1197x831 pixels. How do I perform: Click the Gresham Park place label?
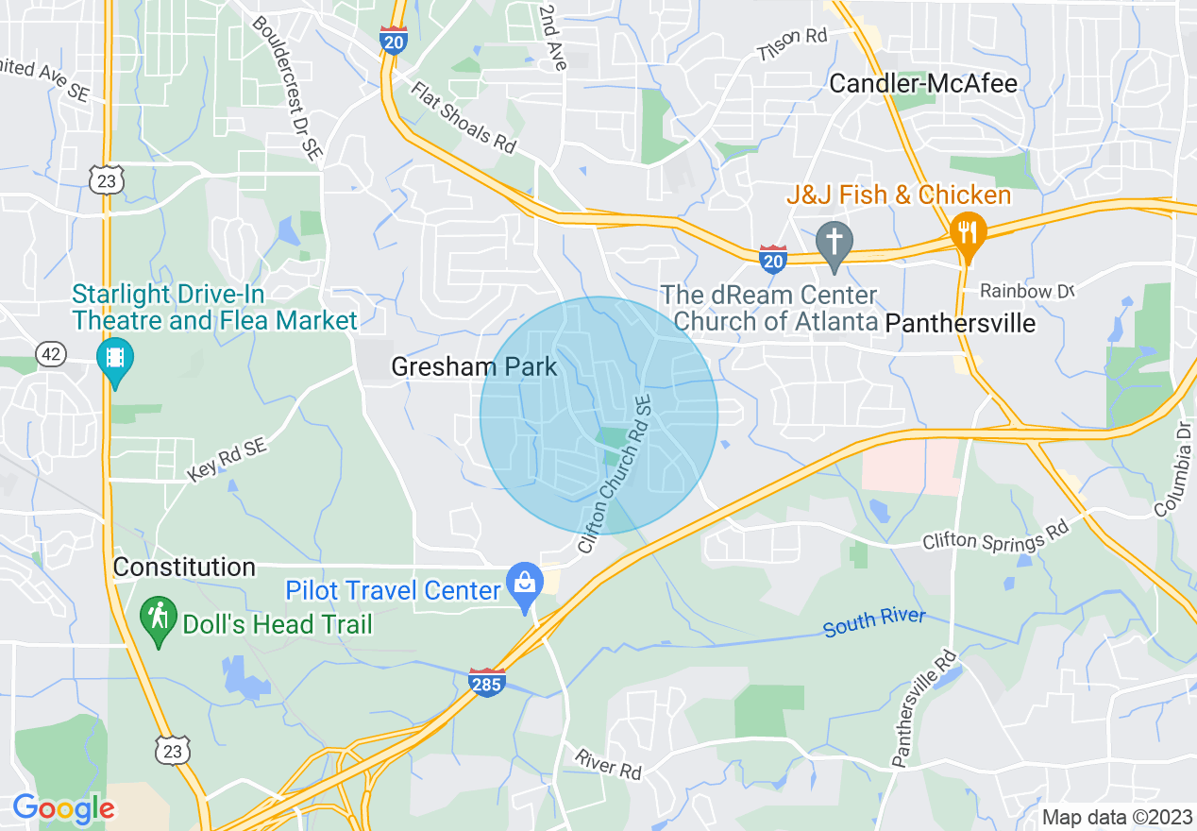[x=475, y=366]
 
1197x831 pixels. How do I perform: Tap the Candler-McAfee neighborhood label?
[x=922, y=84]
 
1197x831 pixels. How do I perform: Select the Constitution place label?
[x=184, y=567]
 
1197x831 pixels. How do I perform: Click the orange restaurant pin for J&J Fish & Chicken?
[x=968, y=230]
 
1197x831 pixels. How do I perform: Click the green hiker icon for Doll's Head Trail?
[x=159, y=619]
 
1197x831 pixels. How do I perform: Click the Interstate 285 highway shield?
[x=486, y=682]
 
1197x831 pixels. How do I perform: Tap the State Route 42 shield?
[x=51, y=354]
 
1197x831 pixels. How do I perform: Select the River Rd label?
[x=608, y=764]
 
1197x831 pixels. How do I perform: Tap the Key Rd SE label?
[x=227, y=461]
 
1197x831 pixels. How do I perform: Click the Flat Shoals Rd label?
[x=464, y=117]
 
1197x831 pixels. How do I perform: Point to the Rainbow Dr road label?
[x=1027, y=291]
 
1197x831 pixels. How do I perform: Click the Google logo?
[x=63, y=808]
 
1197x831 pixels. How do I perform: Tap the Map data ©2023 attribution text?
[x=1116, y=817]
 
